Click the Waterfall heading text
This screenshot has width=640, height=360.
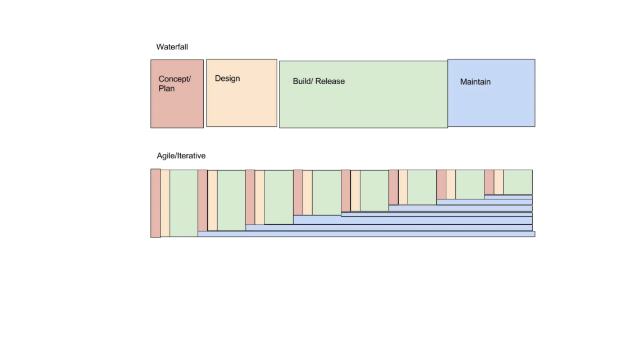point(172,47)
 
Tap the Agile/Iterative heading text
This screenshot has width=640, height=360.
point(181,156)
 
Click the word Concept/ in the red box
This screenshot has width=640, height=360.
point(175,79)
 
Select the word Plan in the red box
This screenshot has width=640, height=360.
point(167,89)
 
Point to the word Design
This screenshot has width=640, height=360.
point(227,79)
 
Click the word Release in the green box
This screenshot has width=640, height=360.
point(330,81)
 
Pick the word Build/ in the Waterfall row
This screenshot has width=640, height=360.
point(303,81)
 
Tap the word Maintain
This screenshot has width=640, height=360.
point(476,82)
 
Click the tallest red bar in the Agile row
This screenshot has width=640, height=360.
point(156,203)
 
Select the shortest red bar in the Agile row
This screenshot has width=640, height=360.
point(489,182)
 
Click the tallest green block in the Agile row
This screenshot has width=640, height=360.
point(184,203)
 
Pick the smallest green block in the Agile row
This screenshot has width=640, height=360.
point(518,182)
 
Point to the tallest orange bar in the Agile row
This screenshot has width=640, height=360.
point(165,203)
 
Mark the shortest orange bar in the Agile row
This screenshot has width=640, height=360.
point(499,182)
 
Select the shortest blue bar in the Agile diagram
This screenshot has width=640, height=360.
point(508,197)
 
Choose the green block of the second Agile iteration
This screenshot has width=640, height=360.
point(231,200)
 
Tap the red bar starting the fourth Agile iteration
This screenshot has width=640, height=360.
point(298,192)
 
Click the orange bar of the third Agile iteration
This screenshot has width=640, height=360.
point(259,197)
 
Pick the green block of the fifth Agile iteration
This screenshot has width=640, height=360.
point(374,190)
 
